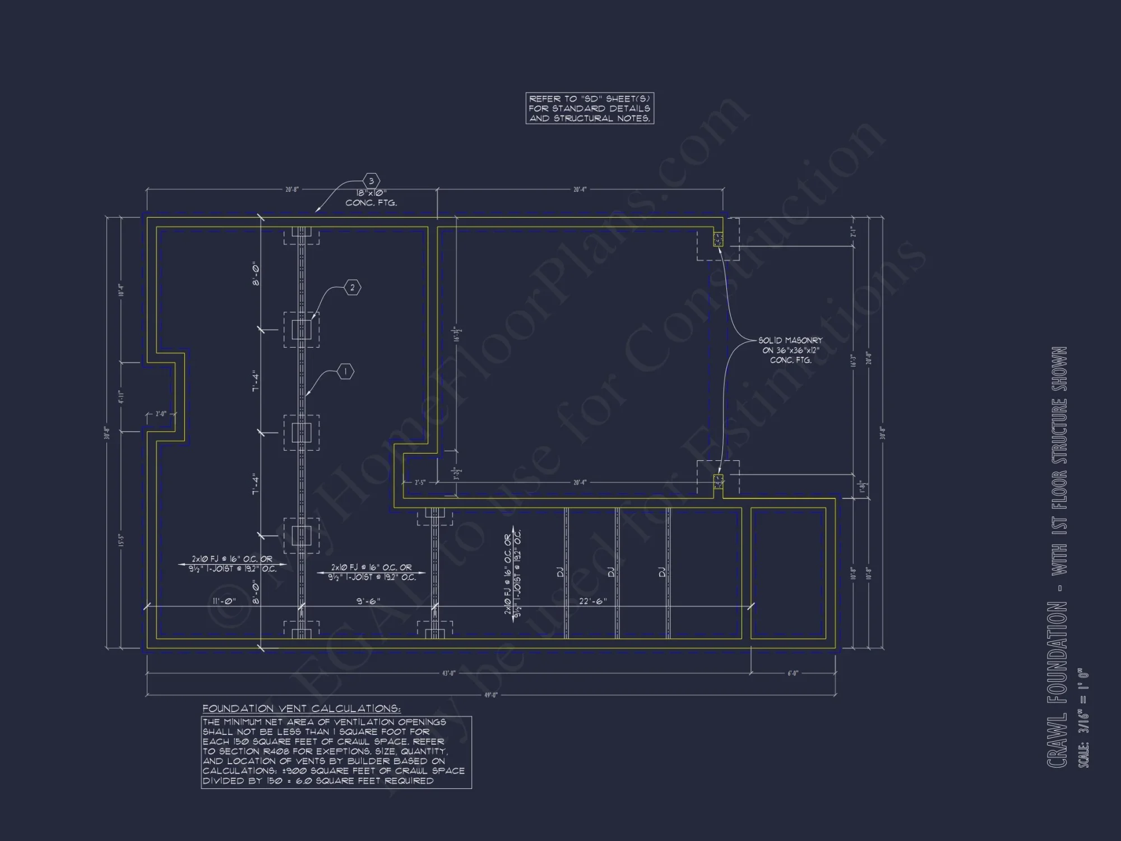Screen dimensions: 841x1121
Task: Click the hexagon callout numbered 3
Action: [x=371, y=181]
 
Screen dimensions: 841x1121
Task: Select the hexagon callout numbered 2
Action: [x=352, y=288]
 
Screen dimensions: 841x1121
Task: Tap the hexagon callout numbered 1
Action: [x=345, y=372]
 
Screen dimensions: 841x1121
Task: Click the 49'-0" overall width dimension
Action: [x=490, y=695]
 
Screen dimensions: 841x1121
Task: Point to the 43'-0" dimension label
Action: [x=448, y=673]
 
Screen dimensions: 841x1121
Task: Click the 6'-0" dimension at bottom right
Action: [x=793, y=673]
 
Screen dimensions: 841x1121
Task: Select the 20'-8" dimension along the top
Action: [x=292, y=190]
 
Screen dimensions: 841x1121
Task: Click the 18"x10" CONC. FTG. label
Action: [x=371, y=198]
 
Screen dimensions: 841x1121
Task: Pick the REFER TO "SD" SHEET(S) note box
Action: [x=590, y=108]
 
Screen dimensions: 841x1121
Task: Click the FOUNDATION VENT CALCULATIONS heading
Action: [x=302, y=709]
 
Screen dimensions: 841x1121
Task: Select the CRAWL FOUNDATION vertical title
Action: [x=1057, y=684]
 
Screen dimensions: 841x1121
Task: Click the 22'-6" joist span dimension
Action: [x=592, y=602]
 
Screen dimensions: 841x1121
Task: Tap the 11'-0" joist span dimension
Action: [x=224, y=602]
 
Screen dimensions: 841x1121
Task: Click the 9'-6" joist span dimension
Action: [x=368, y=602]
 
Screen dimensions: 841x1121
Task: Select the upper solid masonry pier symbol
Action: [x=718, y=239]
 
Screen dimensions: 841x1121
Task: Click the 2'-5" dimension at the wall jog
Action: [x=420, y=482]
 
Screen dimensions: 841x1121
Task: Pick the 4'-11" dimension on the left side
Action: [x=121, y=396]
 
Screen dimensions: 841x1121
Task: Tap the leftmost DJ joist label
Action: [x=560, y=572]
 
